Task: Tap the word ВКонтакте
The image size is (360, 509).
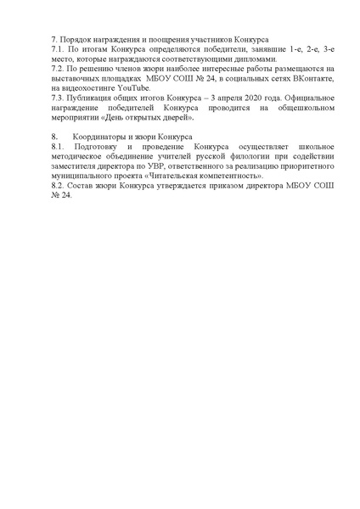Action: pyautogui.click(x=288, y=78)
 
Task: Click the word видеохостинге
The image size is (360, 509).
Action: pyautogui.click(x=92, y=87)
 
